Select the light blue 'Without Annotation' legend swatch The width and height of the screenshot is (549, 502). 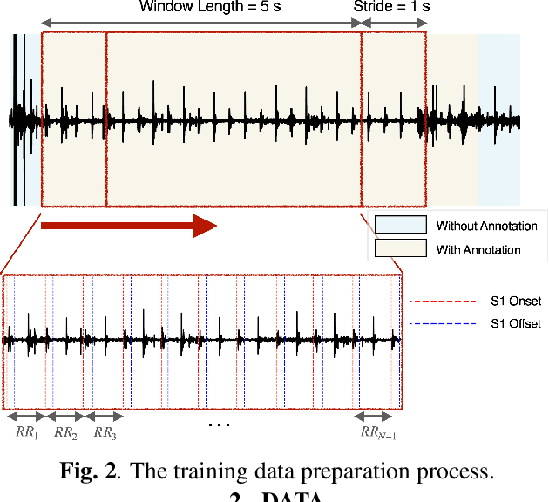[400, 226]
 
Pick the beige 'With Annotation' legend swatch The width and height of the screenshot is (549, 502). [400, 249]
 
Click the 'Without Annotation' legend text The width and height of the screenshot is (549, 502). [486, 227]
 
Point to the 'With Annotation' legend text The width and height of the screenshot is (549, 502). [478, 250]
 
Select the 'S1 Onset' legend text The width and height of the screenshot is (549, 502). [516, 302]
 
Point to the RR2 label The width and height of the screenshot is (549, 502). [66, 431]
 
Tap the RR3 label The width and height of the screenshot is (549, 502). [105, 431]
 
